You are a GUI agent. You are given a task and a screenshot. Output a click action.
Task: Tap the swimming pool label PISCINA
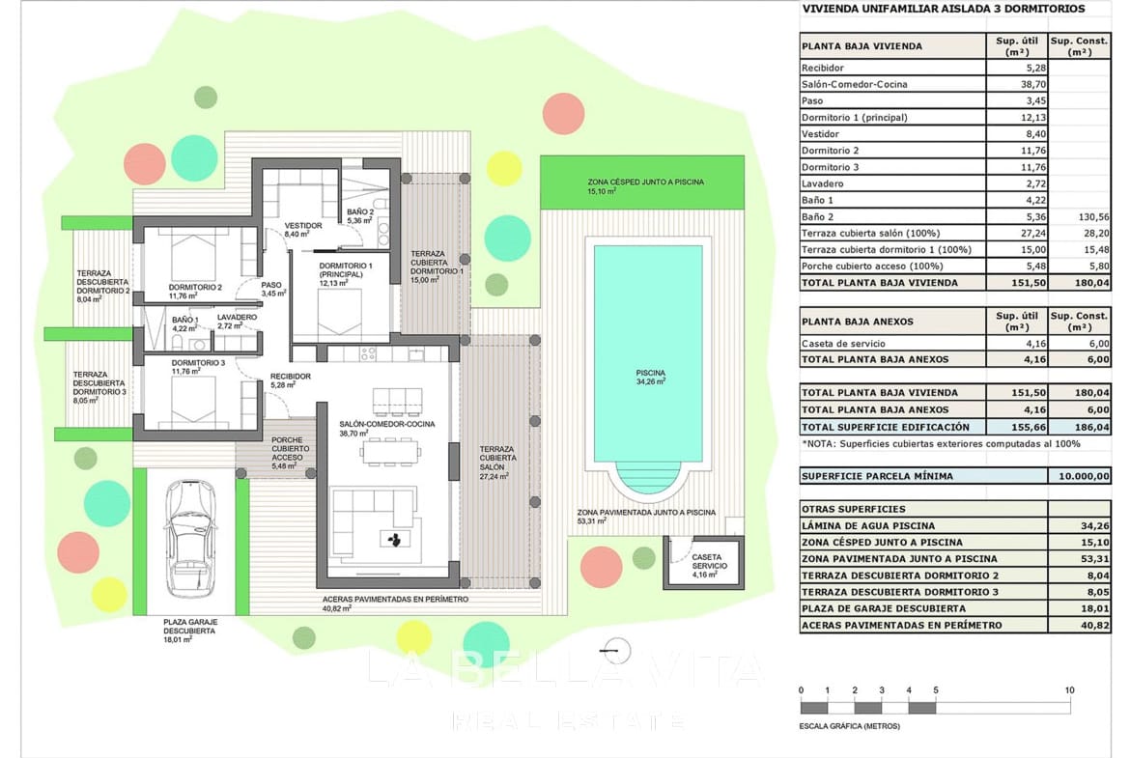click(x=649, y=373)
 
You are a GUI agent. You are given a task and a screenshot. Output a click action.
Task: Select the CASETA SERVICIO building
click(x=702, y=564)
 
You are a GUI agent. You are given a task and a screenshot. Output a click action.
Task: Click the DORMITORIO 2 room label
click(x=196, y=287)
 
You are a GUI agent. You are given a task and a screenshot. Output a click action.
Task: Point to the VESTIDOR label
click(x=302, y=226)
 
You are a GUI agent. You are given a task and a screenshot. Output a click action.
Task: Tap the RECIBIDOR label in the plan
click(x=290, y=377)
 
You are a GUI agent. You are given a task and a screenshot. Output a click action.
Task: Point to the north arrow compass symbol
click(x=619, y=649)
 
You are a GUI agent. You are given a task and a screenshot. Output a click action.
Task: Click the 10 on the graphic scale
click(x=1069, y=690)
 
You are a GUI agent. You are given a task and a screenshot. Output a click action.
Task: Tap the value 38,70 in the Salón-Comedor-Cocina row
click(x=1017, y=84)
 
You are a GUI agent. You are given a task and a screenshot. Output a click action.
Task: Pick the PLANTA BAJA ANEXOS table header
click(x=857, y=322)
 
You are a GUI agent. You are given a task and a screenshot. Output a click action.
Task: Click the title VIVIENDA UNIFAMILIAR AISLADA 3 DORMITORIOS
click(x=943, y=9)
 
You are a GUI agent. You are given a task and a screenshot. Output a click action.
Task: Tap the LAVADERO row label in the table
click(x=823, y=183)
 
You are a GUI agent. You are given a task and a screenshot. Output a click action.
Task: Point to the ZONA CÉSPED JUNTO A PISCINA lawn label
click(x=645, y=182)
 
